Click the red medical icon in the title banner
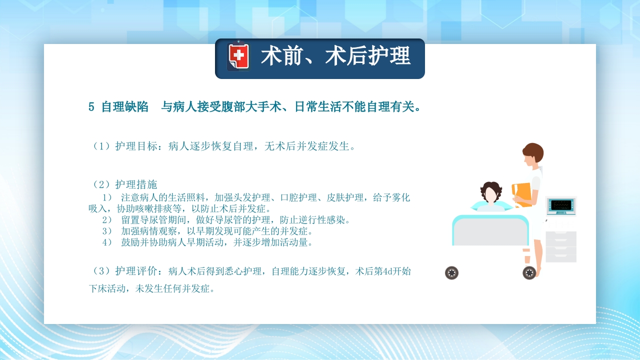(238, 57)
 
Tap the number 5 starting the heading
(91, 107)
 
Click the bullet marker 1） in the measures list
(107, 197)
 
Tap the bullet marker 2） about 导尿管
(107, 220)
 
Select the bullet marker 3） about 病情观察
(107, 231)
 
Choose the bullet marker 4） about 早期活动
(107, 243)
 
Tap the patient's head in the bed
(491, 193)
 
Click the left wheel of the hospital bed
(451, 273)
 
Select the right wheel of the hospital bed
(529, 273)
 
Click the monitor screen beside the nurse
(561, 205)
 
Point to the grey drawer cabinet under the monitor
(560, 246)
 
